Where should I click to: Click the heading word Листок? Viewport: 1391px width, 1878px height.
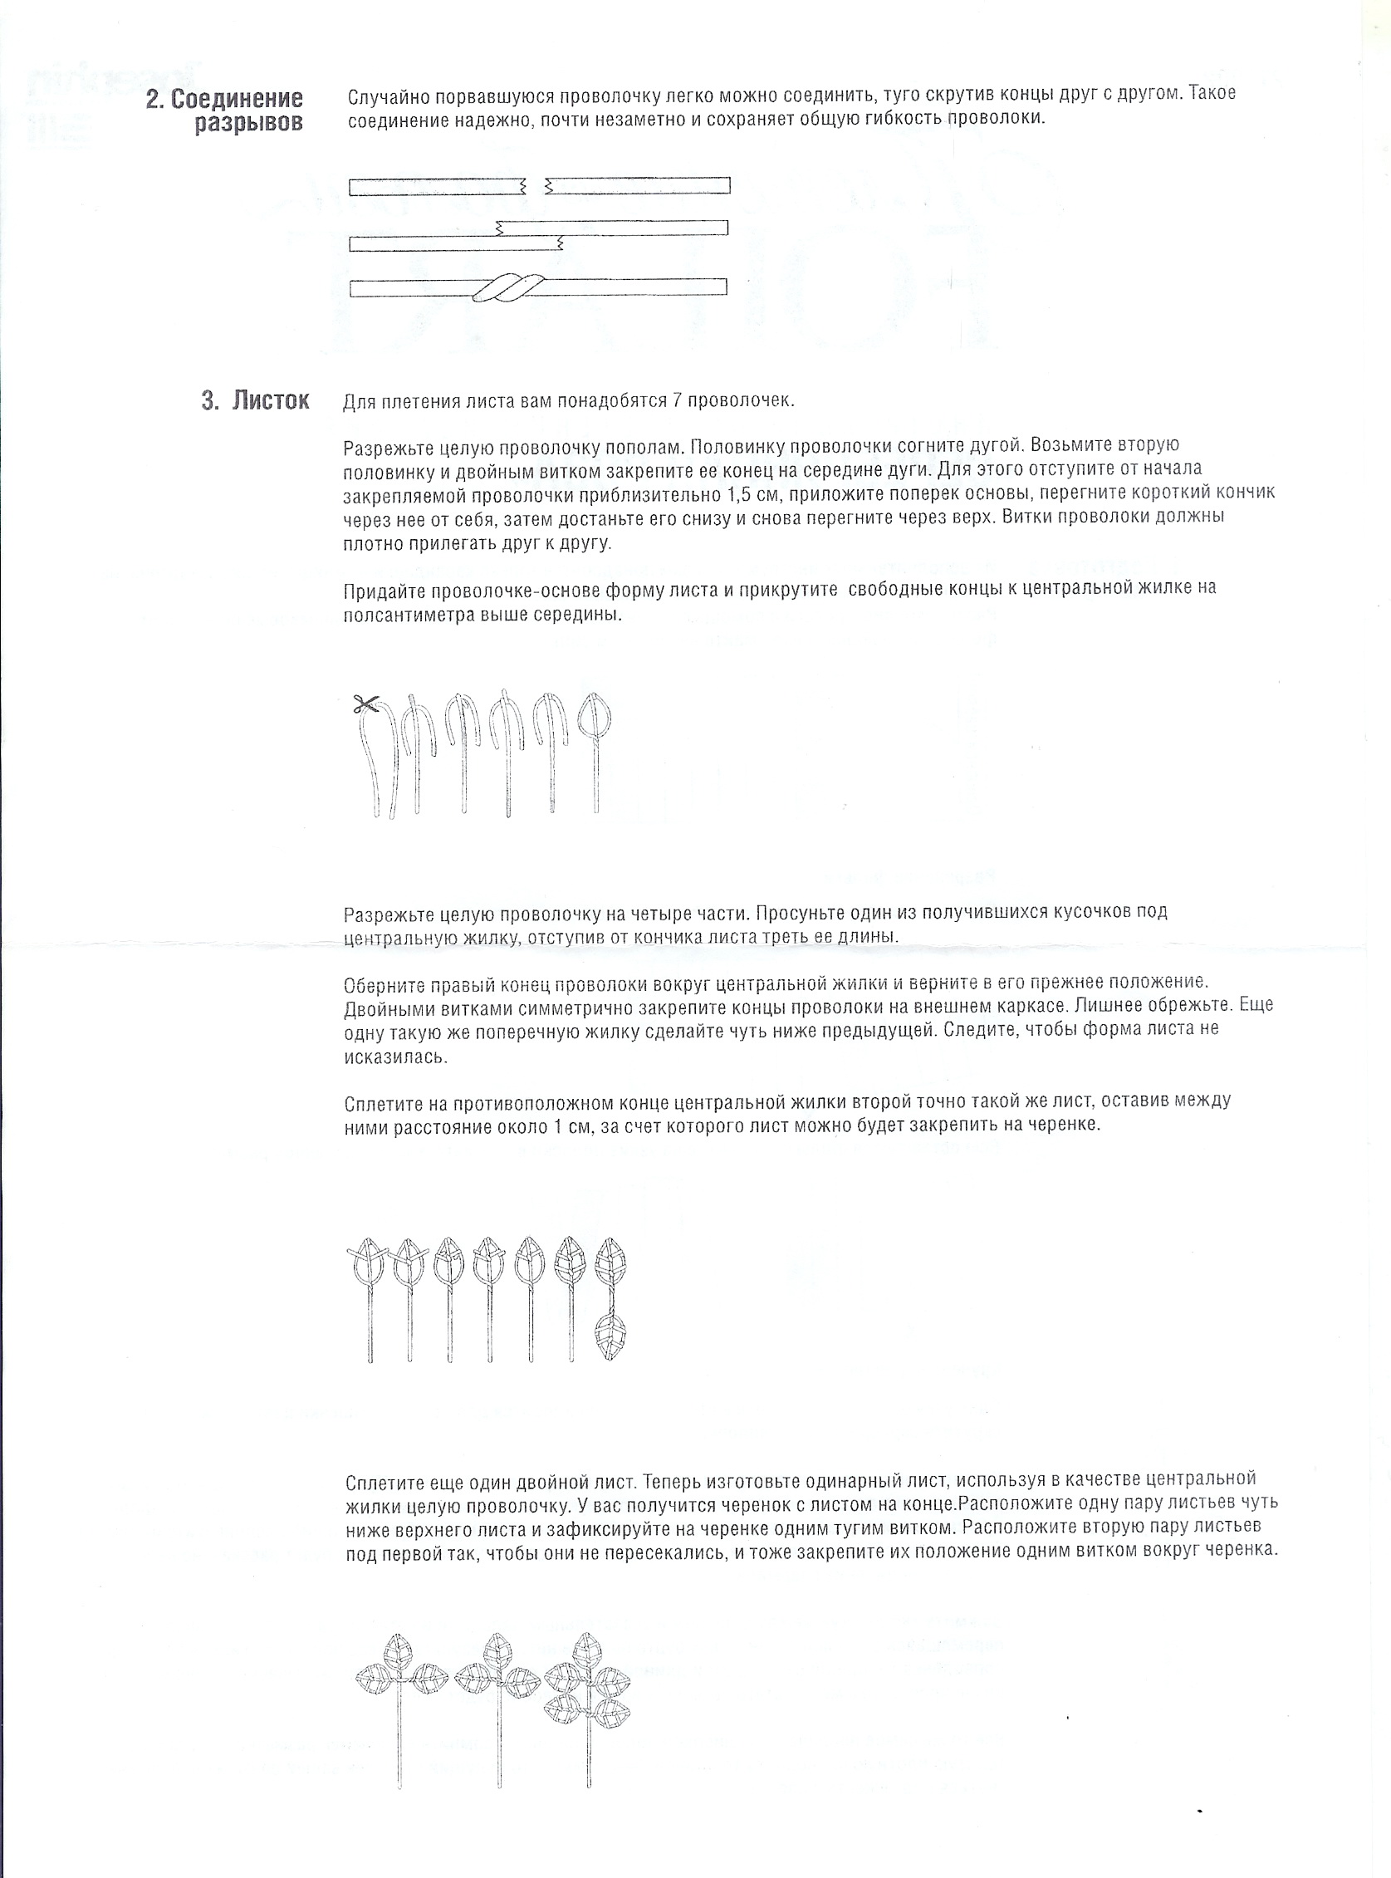(x=270, y=401)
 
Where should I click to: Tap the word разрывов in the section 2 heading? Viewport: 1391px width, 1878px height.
(x=248, y=125)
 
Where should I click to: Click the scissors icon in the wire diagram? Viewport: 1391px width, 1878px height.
(x=365, y=704)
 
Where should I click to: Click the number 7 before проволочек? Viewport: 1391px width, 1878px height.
(x=676, y=401)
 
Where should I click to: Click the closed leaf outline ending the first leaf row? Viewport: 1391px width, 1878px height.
(x=596, y=717)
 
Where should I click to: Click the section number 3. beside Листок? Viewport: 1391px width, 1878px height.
(x=209, y=401)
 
